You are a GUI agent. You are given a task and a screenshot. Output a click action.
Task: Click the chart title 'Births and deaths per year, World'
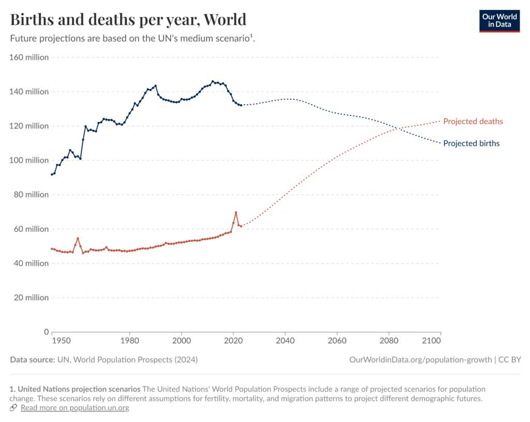coord(128,20)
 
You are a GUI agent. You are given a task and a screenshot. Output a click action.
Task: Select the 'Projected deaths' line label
coord(473,122)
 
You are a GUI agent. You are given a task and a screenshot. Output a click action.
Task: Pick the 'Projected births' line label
coord(471,143)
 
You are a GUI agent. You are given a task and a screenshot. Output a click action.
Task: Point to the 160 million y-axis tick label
coord(29,57)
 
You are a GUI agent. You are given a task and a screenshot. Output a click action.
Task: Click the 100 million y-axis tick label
coord(29,161)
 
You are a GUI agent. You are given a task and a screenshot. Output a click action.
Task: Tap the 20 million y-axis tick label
coord(31,298)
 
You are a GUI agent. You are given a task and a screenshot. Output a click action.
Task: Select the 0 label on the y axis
coord(46,332)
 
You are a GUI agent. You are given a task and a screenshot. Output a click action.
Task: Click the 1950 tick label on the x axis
coord(61,341)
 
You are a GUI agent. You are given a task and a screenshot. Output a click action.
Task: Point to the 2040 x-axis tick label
coord(285,341)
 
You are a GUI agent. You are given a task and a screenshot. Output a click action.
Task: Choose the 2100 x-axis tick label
coord(432,341)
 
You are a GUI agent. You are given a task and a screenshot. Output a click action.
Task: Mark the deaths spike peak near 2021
coord(236,212)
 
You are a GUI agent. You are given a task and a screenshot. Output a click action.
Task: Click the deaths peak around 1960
coord(78,238)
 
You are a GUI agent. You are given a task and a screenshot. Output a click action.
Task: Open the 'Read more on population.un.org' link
coord(75,408)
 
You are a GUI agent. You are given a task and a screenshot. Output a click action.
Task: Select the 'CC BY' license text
coord(509,359)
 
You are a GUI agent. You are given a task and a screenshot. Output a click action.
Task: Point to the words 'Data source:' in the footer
coord(32,359)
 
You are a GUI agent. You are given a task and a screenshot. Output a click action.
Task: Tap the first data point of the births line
coord(52,174)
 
